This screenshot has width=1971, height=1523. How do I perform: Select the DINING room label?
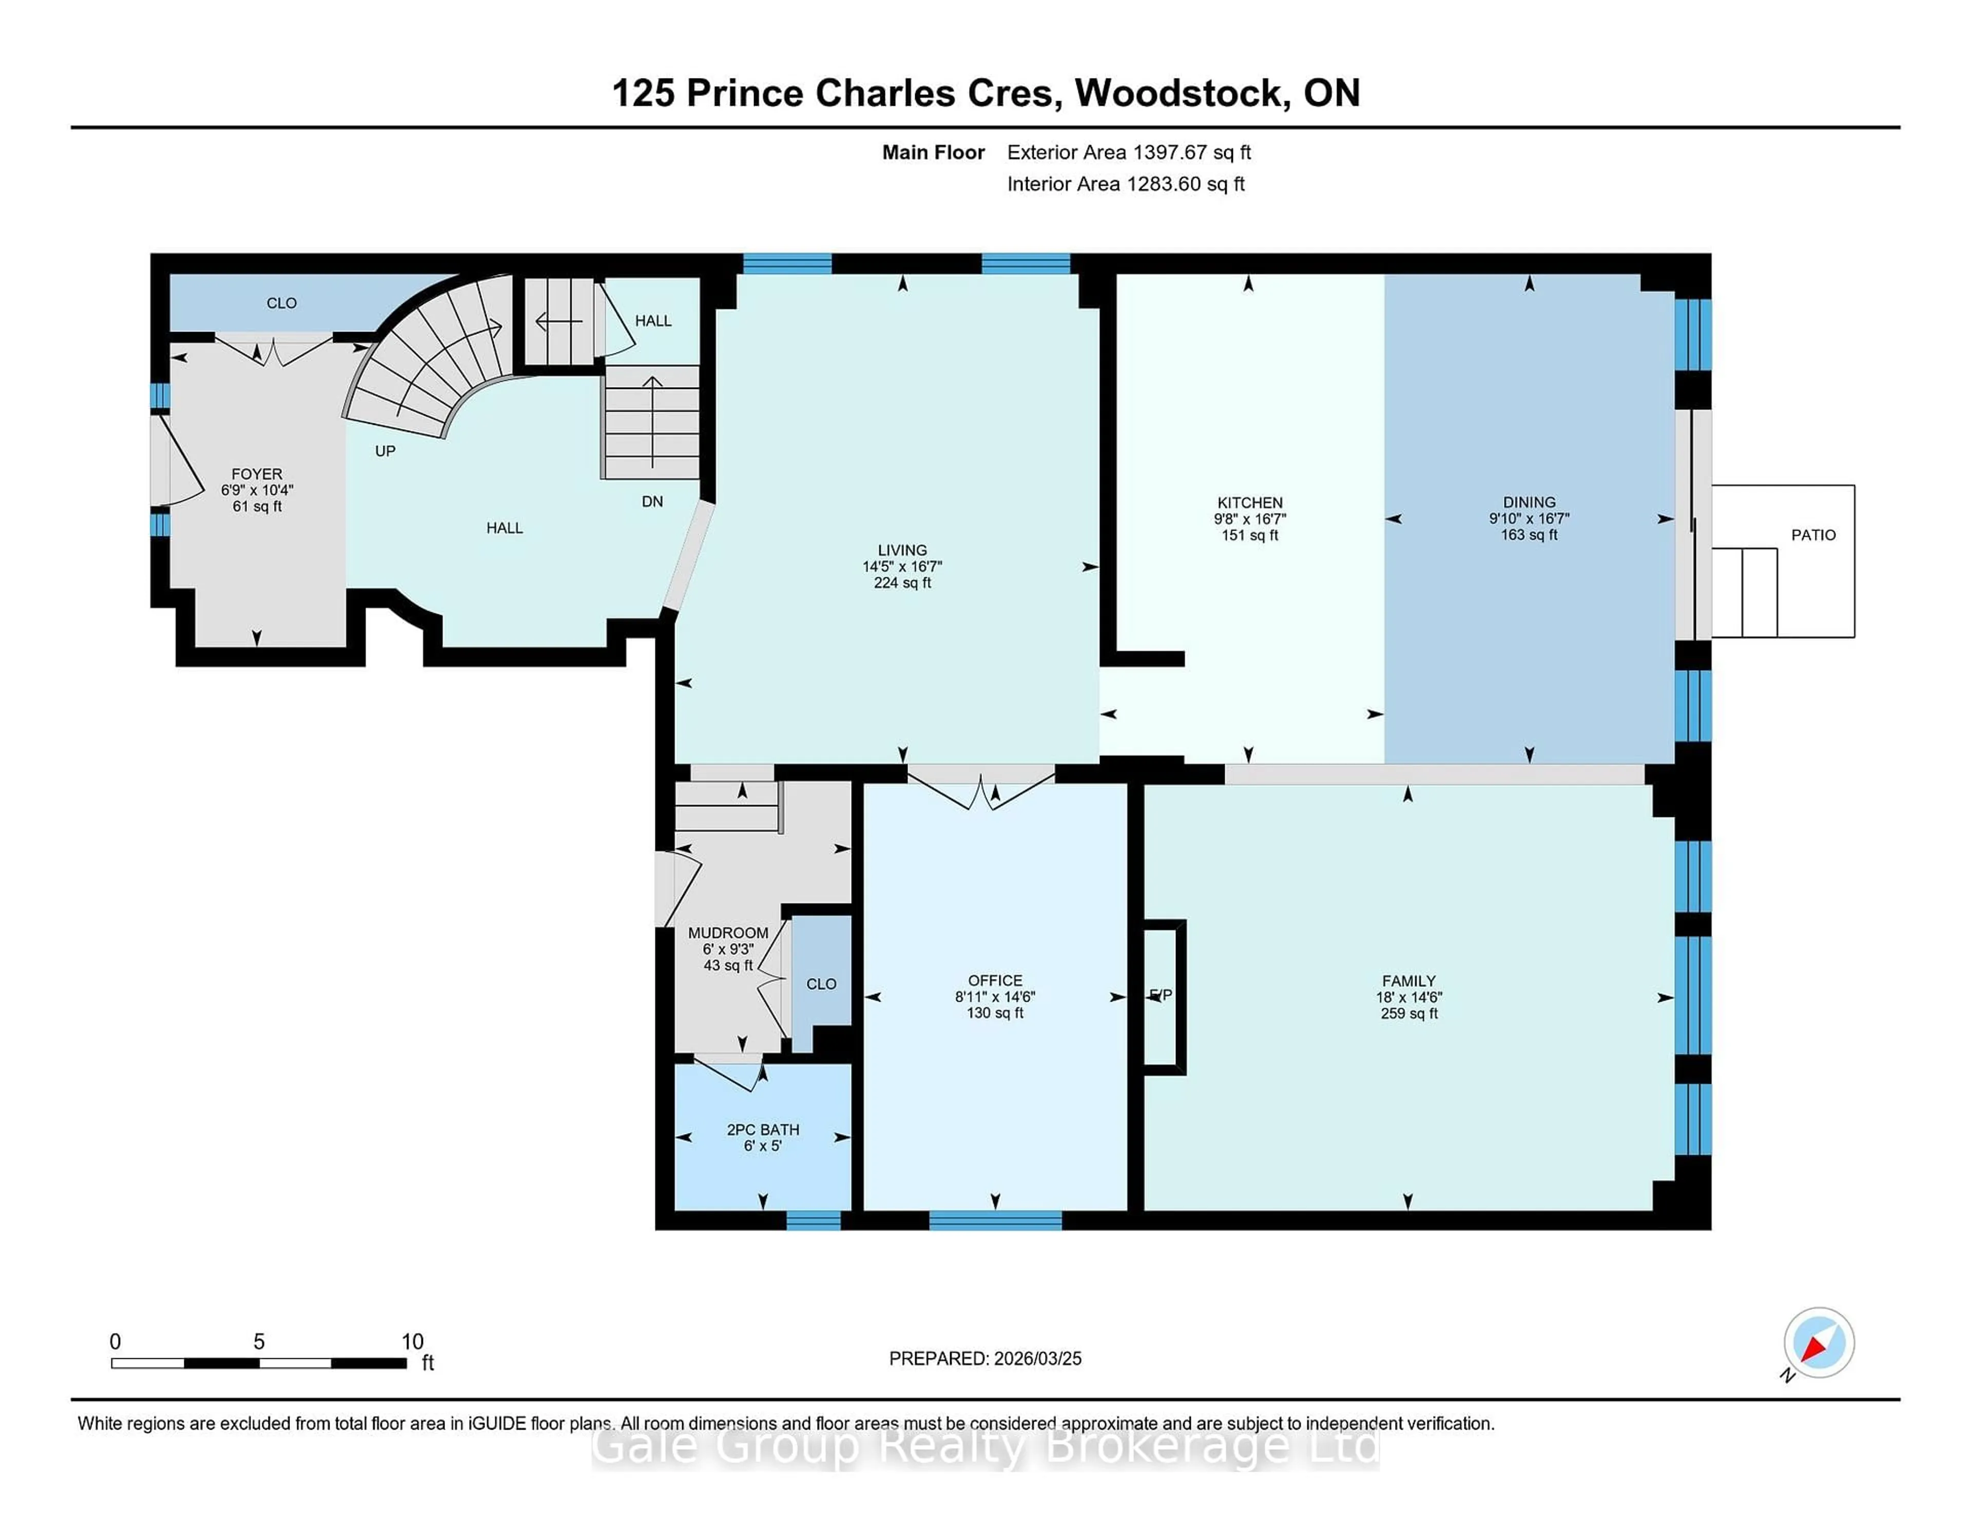coord(1529,502)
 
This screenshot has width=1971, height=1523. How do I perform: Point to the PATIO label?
coord(1813,535)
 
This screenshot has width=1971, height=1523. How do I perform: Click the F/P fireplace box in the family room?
coord(1163,996)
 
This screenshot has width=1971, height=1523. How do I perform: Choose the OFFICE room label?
coord(995,980)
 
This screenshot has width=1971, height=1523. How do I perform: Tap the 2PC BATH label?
coord(763,1129)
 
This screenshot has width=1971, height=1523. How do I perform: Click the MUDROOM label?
coord(727,933)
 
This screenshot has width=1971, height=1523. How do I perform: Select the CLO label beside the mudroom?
coord(821,984)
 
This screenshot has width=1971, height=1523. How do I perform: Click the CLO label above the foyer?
coord(282,303)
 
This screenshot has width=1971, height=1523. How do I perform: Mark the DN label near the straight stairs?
coord(651,502)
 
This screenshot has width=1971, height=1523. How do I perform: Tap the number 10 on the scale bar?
coord(413,1342)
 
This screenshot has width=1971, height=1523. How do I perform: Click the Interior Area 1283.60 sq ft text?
coord(1126,184)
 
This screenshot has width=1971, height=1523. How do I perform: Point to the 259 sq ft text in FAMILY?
coord(1409,1013)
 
